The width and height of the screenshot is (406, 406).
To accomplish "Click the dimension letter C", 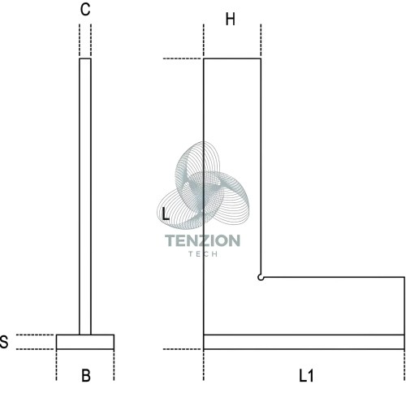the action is [85, 10].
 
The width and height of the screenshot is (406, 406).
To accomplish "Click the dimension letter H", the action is [231, 19].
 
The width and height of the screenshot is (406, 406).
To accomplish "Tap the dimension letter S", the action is [4, 342].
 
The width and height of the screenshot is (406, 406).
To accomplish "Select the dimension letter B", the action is [86, 375].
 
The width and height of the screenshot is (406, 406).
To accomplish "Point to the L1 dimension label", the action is [306, 376].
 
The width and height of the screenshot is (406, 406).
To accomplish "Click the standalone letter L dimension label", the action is [165, 214].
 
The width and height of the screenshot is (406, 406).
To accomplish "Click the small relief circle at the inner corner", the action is [261, 278].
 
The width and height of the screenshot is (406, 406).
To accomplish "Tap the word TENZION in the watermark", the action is [202, 240].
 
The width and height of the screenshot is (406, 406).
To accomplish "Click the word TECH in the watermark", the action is [203, 254].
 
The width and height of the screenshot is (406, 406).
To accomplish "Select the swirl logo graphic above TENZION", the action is [203, 185].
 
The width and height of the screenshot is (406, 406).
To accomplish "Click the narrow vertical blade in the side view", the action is [85, 197].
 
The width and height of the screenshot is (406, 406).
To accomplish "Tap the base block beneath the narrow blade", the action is [85, 342].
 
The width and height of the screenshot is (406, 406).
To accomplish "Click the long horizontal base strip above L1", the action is [304, 342].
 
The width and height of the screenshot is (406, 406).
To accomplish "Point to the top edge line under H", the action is [232, 58].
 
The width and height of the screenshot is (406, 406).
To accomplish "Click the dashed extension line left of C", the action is [80, 40].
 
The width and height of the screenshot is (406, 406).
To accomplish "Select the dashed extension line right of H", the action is [261, 40].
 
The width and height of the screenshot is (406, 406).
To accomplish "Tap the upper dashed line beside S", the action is [35, 335].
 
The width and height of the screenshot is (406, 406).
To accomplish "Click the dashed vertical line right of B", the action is [114, 365].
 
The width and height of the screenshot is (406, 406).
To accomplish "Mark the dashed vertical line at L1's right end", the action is [404, 365].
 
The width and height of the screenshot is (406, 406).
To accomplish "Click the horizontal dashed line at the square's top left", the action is [182, 58].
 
